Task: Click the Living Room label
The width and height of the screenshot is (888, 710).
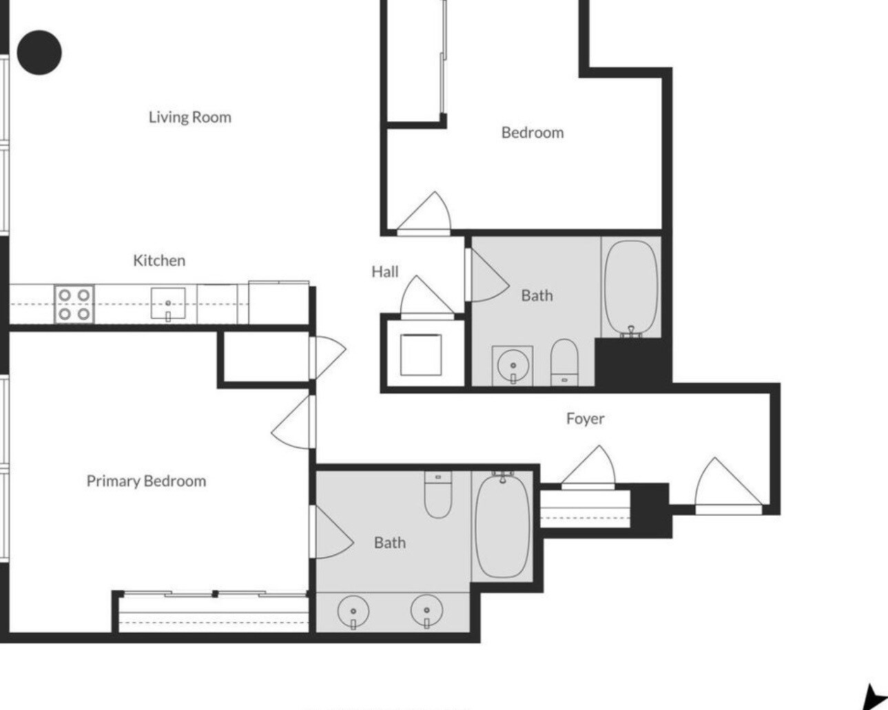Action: point(190,118)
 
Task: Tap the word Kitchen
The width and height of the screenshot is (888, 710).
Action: point(159,261)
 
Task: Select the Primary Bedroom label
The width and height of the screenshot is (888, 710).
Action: point(147,481)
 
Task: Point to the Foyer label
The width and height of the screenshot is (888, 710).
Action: point(586,419)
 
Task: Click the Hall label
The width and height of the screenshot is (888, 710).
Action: point(385,272)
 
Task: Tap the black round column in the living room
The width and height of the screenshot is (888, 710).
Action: point(40,53)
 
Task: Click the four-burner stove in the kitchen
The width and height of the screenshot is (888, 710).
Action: point(74,304)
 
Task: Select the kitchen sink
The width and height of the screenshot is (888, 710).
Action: point(168,304)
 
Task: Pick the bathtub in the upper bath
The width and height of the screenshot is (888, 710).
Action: point(631,288)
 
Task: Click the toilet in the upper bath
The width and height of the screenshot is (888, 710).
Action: point(564,362)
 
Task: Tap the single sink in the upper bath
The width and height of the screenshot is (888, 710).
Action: point(513,366)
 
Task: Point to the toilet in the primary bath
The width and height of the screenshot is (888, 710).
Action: point(438,494)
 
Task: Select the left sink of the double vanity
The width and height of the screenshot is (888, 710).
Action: point(353,612)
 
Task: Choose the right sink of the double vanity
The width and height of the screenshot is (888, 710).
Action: point(426,611)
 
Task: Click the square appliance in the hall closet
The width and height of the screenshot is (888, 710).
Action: point(421,355)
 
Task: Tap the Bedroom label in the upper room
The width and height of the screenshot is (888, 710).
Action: point(533,133)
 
